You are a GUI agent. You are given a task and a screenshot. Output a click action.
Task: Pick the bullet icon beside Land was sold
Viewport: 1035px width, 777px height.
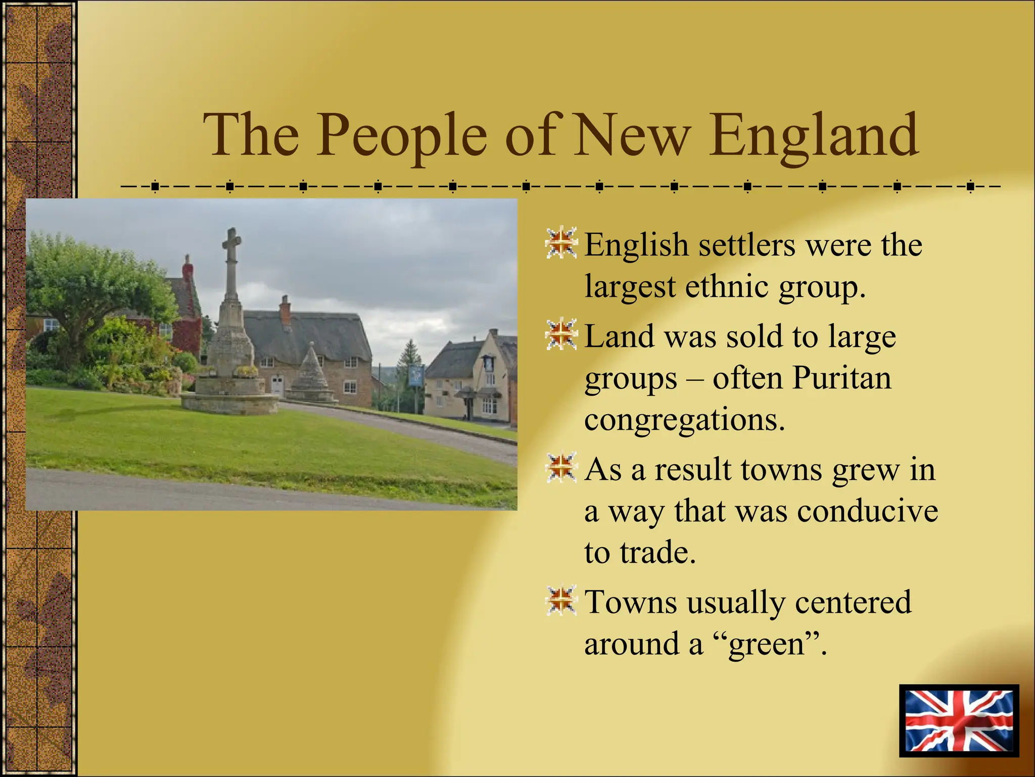(561, 334)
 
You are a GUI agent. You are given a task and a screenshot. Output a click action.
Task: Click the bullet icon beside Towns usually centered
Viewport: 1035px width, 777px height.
(561, 600)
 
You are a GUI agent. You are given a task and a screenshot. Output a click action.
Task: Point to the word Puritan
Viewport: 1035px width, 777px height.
(841, 378)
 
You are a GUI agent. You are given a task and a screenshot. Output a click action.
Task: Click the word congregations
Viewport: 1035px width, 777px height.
(685, 420)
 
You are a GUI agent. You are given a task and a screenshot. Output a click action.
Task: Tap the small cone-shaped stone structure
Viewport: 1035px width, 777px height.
(310, 372)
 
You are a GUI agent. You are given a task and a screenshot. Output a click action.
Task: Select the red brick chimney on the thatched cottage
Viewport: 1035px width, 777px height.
(286, 310)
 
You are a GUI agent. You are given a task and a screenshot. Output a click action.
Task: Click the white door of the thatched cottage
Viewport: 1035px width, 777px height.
(277, 386)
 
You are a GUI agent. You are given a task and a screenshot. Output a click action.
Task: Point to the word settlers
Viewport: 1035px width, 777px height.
(747, 245)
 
